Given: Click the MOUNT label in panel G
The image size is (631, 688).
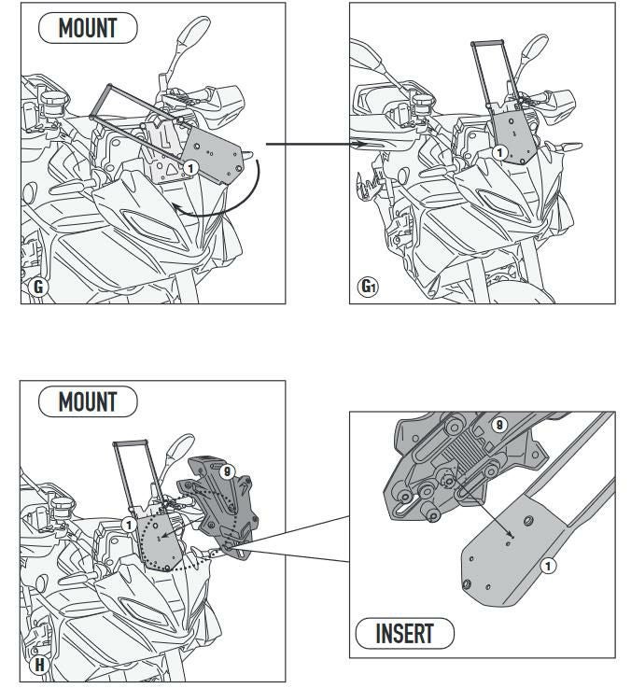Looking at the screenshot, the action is (x=88, y=28).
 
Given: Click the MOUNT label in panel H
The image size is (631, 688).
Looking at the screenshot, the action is (x=88, y=401).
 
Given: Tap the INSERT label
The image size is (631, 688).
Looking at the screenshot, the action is (x=404, y=633).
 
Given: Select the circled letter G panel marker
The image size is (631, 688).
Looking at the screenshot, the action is (x=38, y=287).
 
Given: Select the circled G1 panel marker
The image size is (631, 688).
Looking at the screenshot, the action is (x=368, y=287).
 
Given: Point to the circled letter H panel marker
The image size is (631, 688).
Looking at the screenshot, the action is (x=39, y=665).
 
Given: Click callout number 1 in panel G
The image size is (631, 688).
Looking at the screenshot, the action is (x=190, y=168).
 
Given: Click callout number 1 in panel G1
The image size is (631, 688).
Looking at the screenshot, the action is (x=499, y=153).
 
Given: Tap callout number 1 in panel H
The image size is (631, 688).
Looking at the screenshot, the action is (x=129, y=525).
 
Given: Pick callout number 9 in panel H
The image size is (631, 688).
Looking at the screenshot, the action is (x=227, y=472).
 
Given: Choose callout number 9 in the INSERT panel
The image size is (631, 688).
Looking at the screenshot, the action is (x=499, y=425).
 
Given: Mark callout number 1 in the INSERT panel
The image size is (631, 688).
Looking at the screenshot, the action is (x=548, y=566).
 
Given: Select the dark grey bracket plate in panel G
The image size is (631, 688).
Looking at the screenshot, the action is (x=213, y=156).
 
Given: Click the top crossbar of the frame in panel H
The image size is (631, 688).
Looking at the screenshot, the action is (x=131, y=443).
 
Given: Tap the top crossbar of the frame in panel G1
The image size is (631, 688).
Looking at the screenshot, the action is (x=487, y=43).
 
